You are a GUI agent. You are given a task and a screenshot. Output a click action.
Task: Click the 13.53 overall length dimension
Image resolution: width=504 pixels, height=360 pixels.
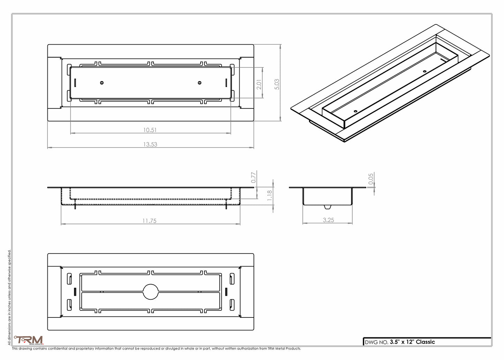click(x=150, y=144)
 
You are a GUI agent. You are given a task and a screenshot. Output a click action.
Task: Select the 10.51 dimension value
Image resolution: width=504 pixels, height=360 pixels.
click(x=150, y=130)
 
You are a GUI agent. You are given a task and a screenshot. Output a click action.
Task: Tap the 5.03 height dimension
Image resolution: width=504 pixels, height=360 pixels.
click(x=277, y=84)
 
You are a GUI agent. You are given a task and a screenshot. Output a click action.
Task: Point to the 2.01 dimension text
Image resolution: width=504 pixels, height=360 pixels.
click(x=259, y=84)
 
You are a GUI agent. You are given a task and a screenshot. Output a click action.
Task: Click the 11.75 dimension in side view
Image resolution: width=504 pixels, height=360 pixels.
click(x=149, y=221)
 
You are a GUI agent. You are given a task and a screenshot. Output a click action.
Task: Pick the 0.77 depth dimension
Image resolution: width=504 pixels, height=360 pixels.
click(x=254, y=177)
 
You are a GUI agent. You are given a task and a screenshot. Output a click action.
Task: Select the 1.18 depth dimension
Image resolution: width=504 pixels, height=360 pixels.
click(x=269, y=195)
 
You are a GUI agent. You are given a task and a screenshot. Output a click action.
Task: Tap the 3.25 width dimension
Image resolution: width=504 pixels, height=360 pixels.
click(x=328, y=220)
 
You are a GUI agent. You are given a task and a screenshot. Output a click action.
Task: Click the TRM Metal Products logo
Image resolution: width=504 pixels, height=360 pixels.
click(x=29, y=340)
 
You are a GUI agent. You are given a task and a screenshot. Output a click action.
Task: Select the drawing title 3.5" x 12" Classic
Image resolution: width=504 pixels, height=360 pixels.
click(x=412, y=342)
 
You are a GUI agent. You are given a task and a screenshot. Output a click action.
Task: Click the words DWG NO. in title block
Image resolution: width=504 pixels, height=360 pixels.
click(x=376, y=342)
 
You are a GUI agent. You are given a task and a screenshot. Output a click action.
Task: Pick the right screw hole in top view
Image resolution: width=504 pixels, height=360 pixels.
click(x=200, y=83)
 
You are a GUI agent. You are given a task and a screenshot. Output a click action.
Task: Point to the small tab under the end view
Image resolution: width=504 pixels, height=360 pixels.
click(x=327, y=207)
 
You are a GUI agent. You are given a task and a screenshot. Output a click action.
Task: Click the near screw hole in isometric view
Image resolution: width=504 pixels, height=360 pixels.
click(x=355, y=111)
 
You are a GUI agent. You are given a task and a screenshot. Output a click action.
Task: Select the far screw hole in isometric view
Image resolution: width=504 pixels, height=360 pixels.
click(x=424, y=72)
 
